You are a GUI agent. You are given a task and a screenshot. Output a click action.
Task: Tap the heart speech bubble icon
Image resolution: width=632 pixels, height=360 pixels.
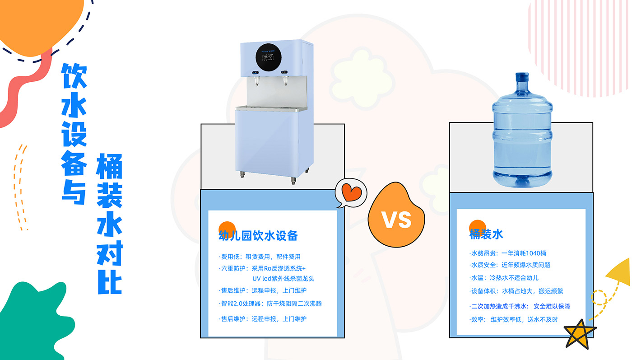point(351,193)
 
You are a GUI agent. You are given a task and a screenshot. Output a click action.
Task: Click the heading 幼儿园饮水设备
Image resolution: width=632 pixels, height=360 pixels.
point(258,236)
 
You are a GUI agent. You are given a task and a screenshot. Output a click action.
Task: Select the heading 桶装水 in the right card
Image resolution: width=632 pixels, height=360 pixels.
point(486,234)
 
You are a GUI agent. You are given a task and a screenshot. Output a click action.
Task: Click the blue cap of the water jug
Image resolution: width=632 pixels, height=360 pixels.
point(522,77)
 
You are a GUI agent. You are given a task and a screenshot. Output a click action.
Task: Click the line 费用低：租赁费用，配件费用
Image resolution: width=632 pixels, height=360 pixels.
point(260,257)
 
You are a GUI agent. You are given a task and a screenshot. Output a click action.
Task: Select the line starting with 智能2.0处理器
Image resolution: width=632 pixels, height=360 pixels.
point(270,304)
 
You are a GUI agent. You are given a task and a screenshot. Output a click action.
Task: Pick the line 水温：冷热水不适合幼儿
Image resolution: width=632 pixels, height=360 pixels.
point(504,278)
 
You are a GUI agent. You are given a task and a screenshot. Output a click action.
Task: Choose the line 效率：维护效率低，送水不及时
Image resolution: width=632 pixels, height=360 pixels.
point(514,319)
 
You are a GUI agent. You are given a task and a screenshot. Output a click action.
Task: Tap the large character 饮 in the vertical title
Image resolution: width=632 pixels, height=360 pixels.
point(74,75)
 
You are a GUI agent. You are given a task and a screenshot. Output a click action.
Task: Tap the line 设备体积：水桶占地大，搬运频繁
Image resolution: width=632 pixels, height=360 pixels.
point(516,291)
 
